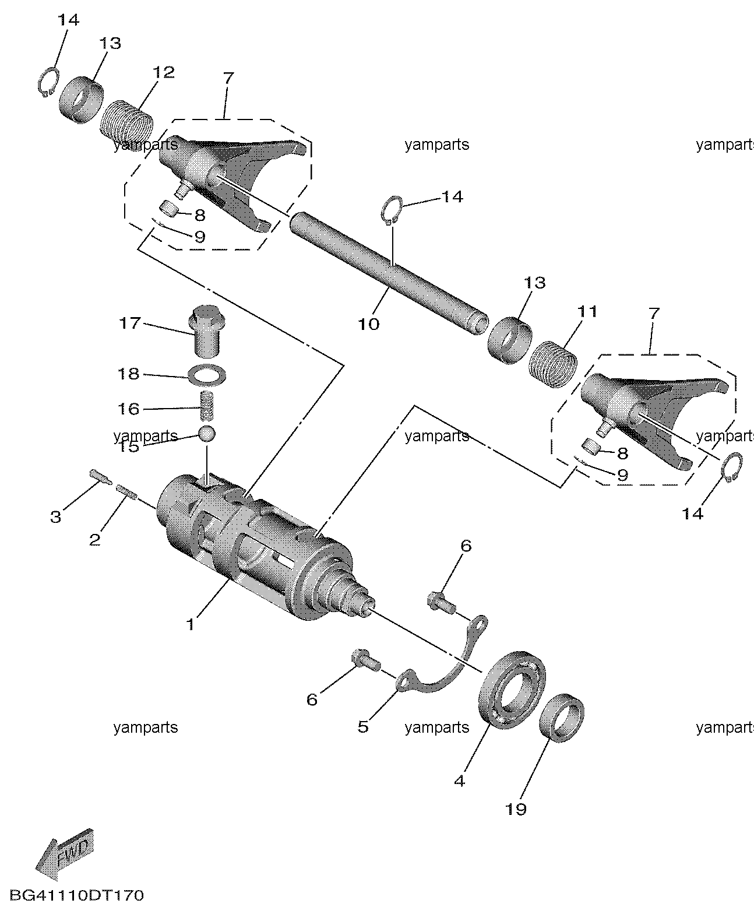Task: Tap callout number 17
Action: tap(130, 322)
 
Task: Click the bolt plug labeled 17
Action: tap(206, 333)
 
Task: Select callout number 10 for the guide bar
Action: tap(368, 324)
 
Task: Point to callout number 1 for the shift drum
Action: tap(190, 625)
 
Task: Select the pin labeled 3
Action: tap(101, 476)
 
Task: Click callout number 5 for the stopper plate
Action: tap(363, 726)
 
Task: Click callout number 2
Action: tap(94, 539)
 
